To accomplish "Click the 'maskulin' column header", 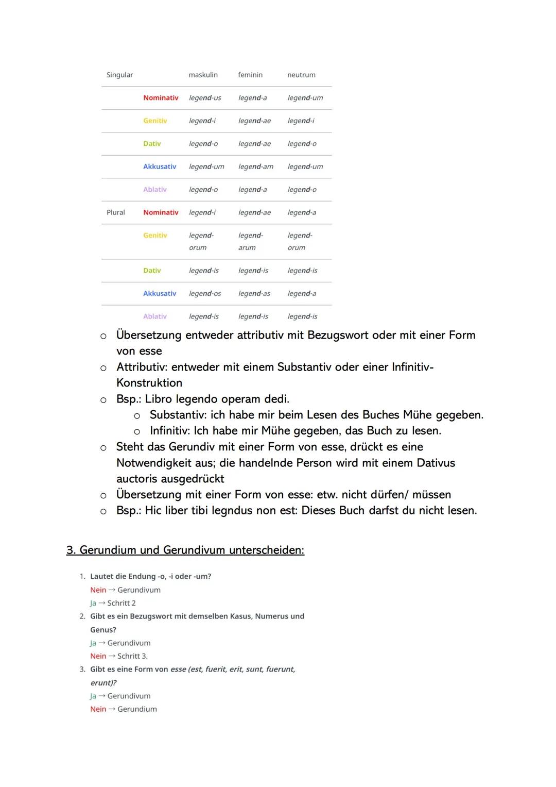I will tap(203, 75).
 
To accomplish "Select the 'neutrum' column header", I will tap(301, 75).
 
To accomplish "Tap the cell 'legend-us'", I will tap(205, 98).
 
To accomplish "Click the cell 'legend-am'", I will tap(256, 166).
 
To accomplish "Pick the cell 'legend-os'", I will tap(205, 293).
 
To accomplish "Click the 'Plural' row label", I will tap(116, 212).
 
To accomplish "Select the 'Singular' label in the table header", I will tap(119, 75).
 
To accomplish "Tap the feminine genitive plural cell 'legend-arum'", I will tap(251, 241).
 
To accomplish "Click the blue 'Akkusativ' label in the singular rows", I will tap(160, 166).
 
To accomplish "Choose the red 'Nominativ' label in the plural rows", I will tap(161, 212).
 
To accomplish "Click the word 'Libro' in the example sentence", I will tap(159, 399).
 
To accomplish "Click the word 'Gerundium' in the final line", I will tap(137, 709).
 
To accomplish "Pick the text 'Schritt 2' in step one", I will tap(121, 603).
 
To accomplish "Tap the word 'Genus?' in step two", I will tap(103, 630).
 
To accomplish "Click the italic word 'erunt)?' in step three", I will tap(103, 683).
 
